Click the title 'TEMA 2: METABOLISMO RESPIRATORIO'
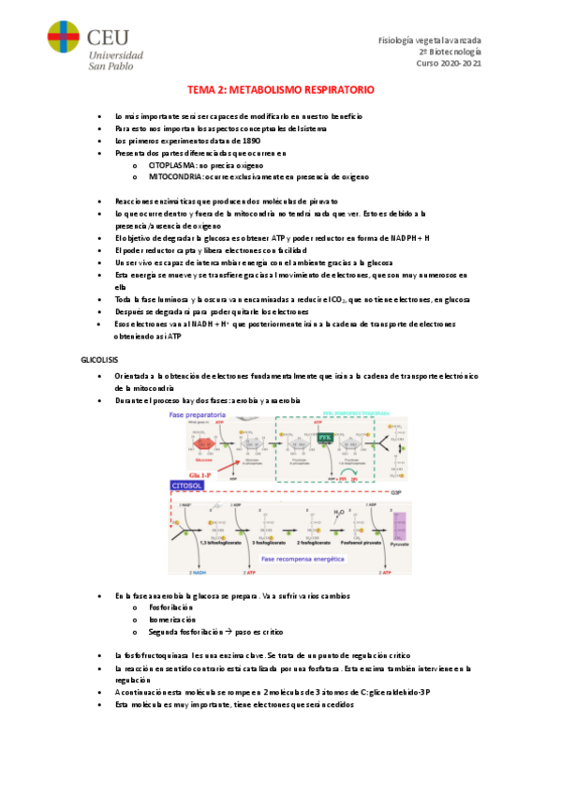pos(281,90)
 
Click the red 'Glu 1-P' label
pos(188,475)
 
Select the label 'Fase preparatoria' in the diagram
pos(197,415)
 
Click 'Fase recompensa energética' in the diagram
pos(303,558)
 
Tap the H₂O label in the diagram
pos(337,512)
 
